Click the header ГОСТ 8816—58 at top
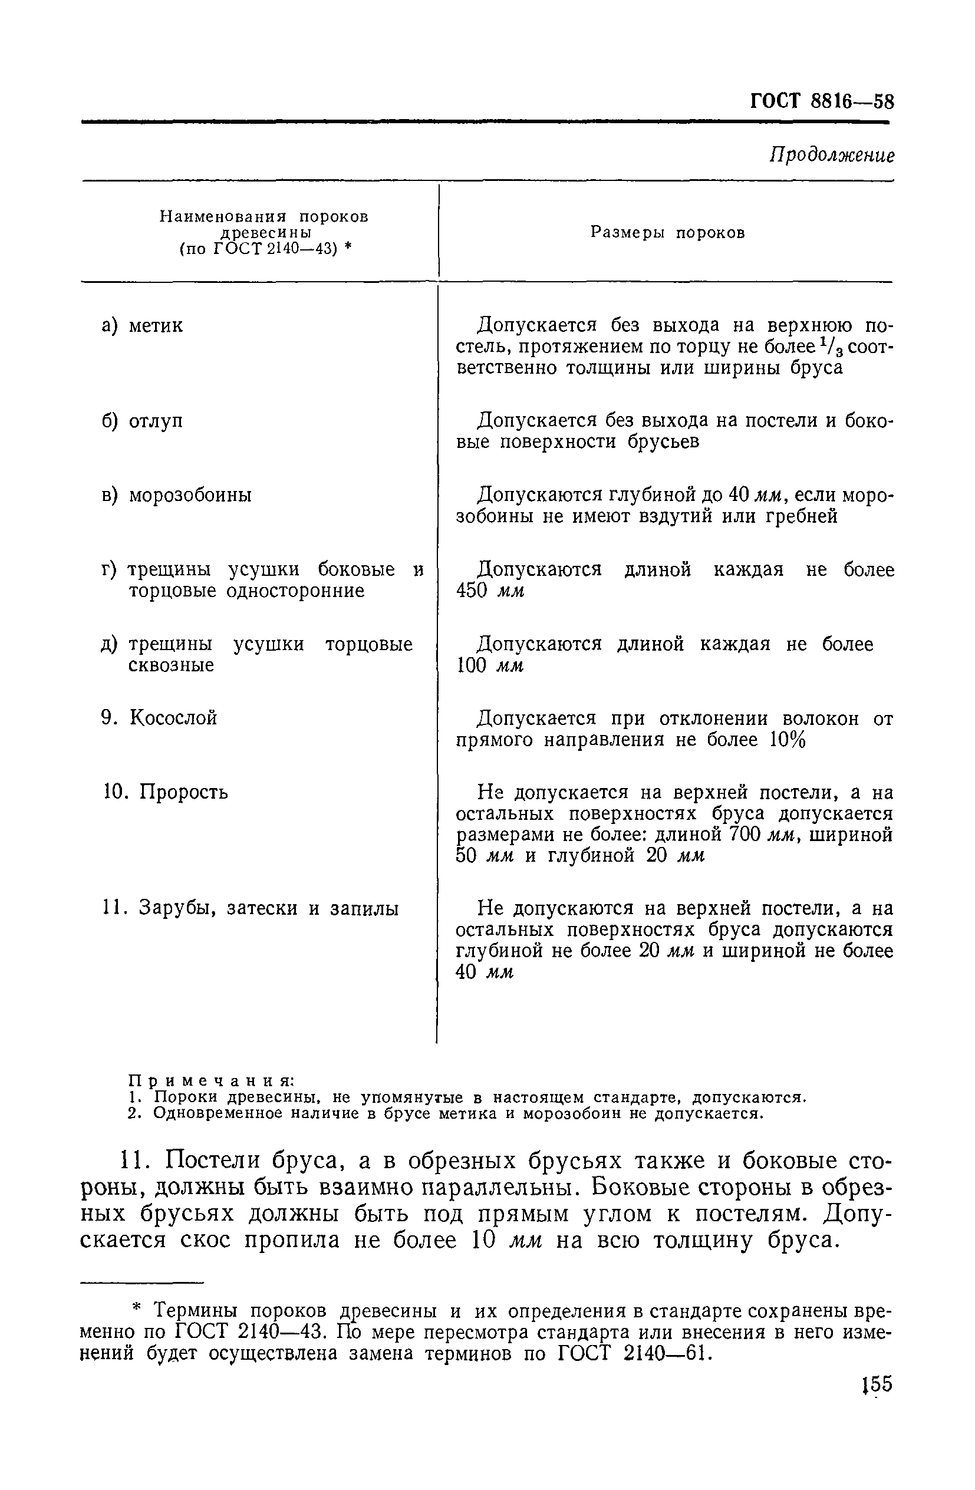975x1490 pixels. click(822, 101)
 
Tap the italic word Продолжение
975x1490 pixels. click(831, 155)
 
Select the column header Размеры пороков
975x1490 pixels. click(667, 233)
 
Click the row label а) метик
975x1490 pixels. click(142, 325)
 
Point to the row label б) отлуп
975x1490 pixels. click(142, 421)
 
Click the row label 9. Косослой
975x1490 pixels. click(159, 717)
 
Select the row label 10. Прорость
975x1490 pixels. click(164, 792)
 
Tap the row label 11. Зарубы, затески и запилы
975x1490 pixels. click(250, 908)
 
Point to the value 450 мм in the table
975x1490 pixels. click(490, 591)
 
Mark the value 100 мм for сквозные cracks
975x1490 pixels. click(490, 665)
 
